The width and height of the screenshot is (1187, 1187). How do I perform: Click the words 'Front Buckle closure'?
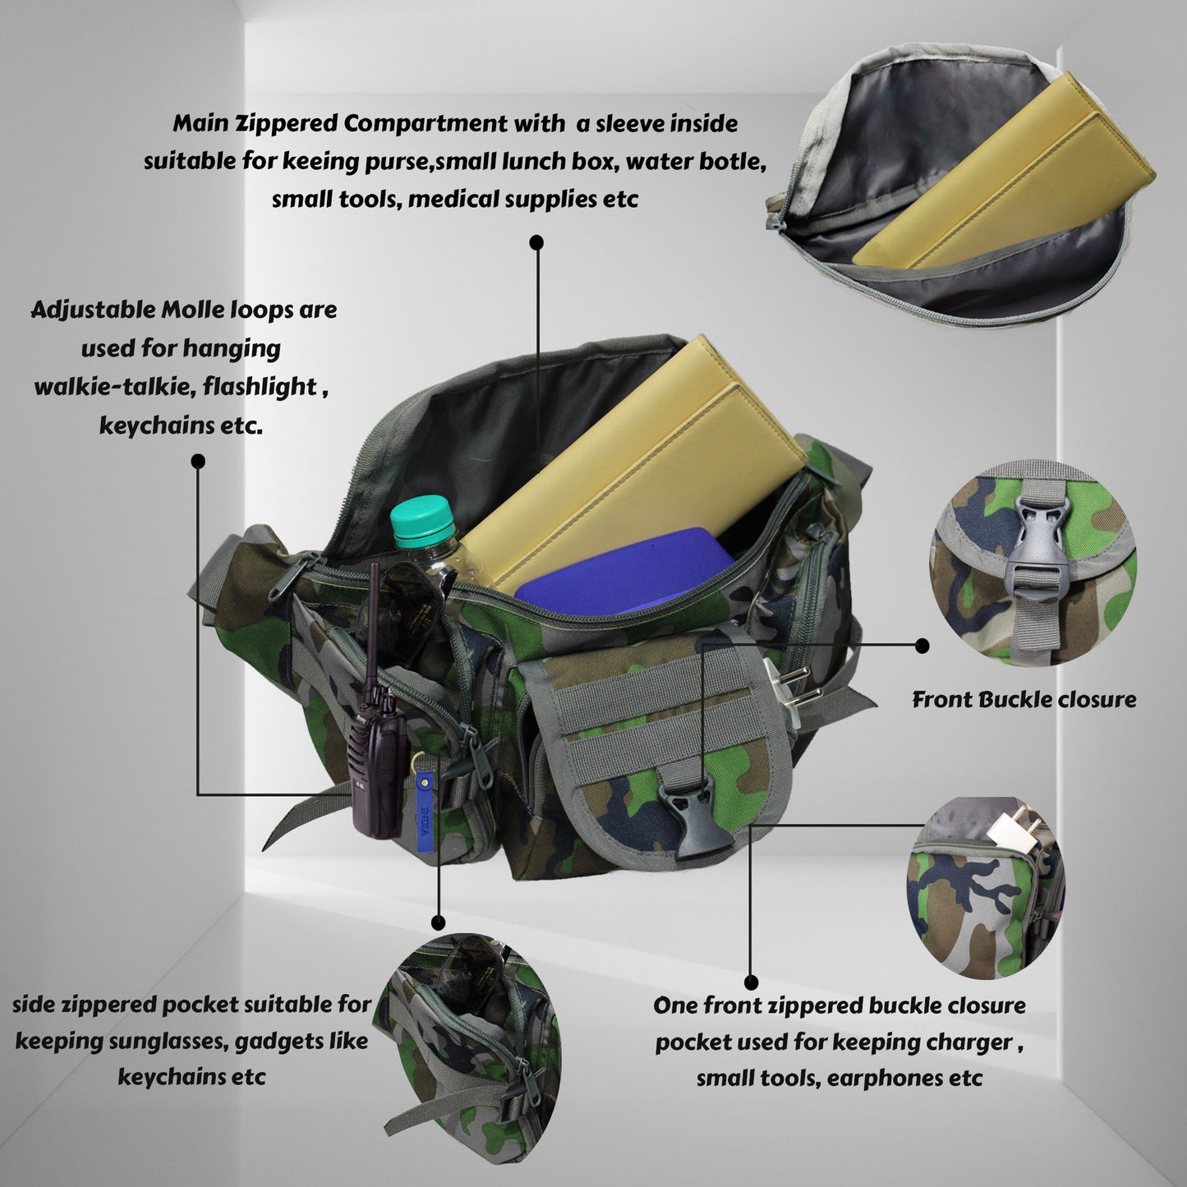tap(1024, 700)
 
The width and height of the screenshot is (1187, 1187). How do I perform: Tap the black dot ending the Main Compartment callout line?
tap(536, 242)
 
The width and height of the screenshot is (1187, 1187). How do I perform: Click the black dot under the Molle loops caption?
tap(198, 461)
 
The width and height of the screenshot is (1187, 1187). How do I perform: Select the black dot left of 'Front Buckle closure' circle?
tap(922, 646)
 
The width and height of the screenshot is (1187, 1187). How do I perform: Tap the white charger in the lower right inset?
tap(1011, 830)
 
